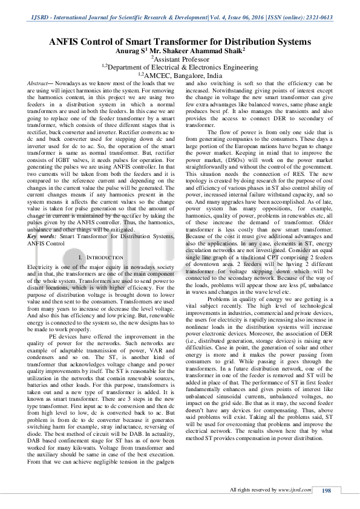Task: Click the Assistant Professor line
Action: tap(180, 60)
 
